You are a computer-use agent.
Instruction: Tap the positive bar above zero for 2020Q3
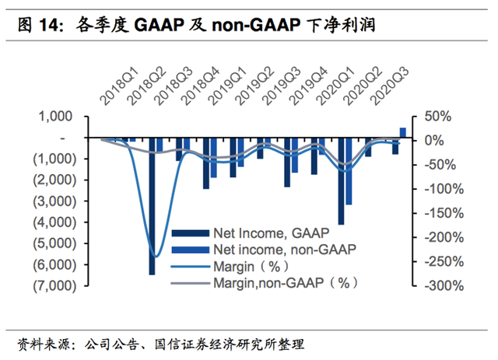coord(402,132)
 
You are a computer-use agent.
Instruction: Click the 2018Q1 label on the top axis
coord(119,87)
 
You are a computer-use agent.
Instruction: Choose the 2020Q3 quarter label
coord(391,87)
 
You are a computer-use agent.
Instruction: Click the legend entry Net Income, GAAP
coord(269,232)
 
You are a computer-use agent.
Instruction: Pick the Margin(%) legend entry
coord(247,267)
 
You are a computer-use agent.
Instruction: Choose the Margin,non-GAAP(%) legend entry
coord(285,284)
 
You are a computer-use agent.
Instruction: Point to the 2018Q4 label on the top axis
coord(201,87)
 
